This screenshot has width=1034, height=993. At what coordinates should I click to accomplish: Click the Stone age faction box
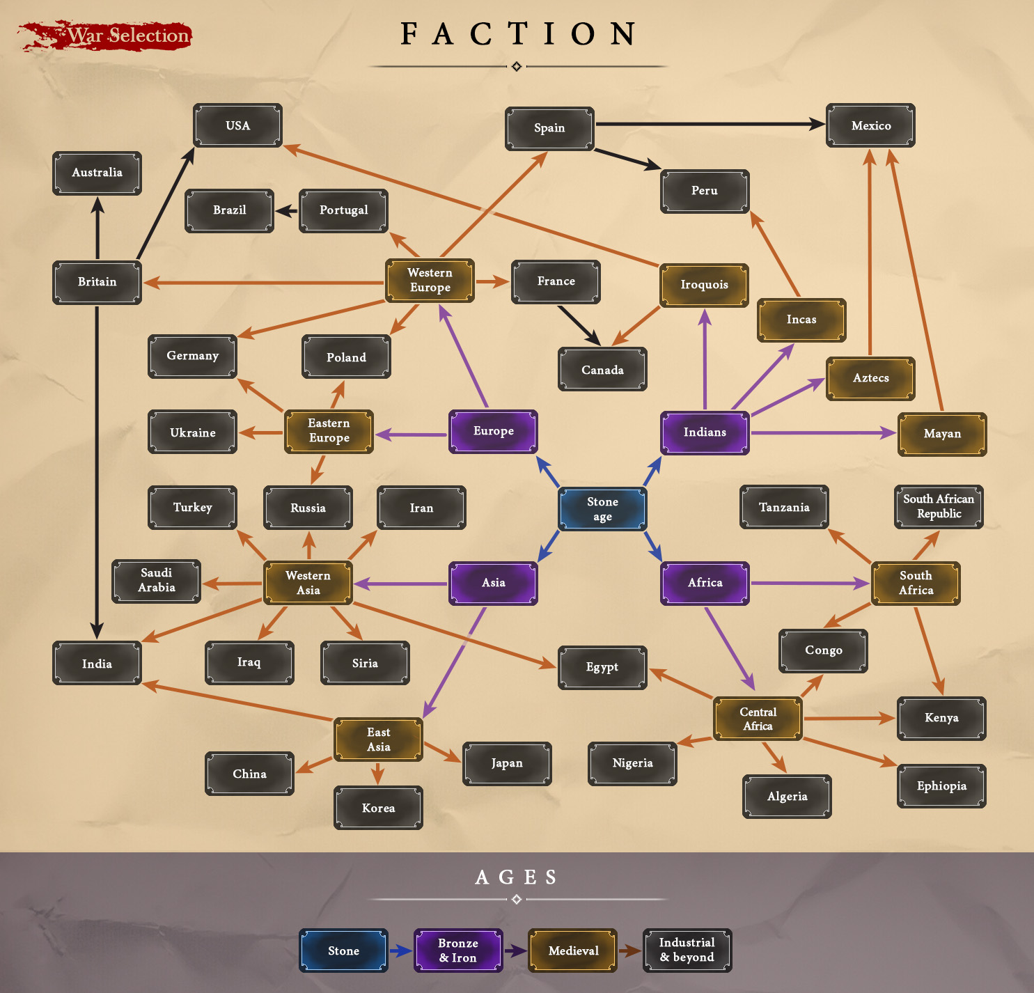click(x=602, y=509)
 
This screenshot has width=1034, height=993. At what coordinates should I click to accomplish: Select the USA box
click(x=237, y=125)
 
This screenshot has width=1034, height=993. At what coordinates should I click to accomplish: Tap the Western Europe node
click(x=430, y=281)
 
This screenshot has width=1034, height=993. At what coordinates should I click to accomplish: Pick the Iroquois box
click(x=704, y=285)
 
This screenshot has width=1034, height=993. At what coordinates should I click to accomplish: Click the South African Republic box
click(x=939, y=507)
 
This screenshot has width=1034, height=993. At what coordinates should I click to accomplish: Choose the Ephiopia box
click(x=941, y=786)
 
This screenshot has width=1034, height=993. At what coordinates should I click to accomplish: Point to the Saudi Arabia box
click(x=157, y=581)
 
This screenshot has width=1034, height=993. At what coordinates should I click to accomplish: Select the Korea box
click(x=378, y=808)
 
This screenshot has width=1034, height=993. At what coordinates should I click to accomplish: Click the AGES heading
click(x=517, y=877)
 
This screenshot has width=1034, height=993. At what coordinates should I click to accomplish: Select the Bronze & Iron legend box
click(x=458, y=951)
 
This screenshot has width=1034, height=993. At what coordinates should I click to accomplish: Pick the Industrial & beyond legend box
click(x=687, y=950)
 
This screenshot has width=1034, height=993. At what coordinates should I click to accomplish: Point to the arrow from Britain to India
click(x=97, y=474)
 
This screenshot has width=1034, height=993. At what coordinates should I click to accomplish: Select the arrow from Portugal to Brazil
click(x=286, y=210)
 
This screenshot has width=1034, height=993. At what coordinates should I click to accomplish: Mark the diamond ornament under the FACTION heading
click(x=517, y=67)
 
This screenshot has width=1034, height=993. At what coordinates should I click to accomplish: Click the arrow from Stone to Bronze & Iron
click(x=401, y=951)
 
